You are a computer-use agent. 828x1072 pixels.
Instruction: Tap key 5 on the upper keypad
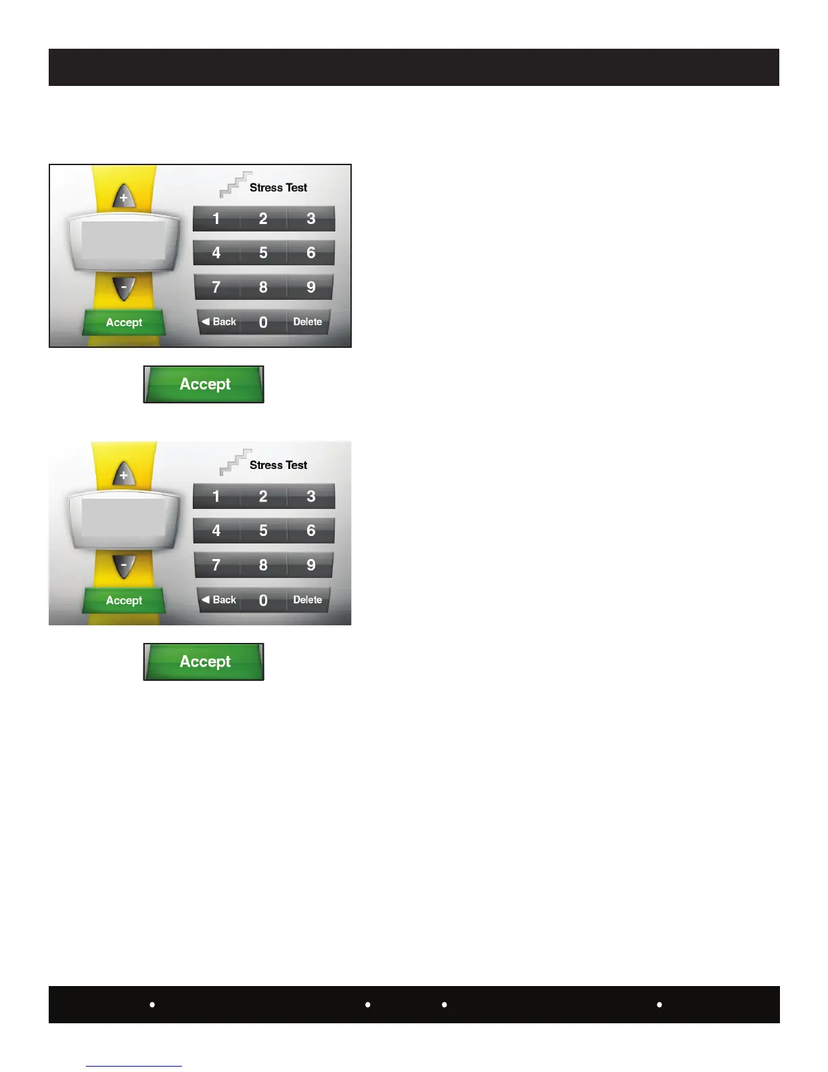pyautogui.click(x=263, y=252)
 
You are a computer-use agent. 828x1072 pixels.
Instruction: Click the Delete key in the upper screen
pyautogui.click(x=308, y=322)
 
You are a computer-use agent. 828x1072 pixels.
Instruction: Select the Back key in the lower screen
pyautogui.click(x=219, y=600)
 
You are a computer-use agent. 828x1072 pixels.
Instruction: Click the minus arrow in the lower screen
pyautogui.click(x=124, y=564)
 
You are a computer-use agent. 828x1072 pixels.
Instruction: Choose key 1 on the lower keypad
pyautogui.click(x=216, y=496)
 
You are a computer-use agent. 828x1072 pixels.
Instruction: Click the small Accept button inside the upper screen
pyautogui.click(x=124, y=323)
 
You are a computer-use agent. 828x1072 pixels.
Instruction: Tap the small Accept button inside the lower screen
pyautogui.click(x=124, y=600)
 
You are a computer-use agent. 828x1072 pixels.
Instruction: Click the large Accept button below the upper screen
pyautogui.click(x=204, y=384)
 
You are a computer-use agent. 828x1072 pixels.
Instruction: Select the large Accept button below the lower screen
pyautogui.click(x=204, y=662)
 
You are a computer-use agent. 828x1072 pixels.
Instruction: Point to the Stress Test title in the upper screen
pyautogui.click(x=278, y=187)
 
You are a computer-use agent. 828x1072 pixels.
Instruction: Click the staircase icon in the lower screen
pyautogui.click(x=235, y=462)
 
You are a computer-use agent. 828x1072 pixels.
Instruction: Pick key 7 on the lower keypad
pyautogui.click(x=216, y=564)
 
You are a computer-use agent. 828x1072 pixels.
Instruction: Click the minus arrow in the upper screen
pyautogui.click(x=124, y=287)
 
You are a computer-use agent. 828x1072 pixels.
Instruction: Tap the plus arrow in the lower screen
pyautogui.click(x=123, y=475)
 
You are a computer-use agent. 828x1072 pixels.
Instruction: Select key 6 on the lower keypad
pyautogui.click(x=311, y=531)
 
